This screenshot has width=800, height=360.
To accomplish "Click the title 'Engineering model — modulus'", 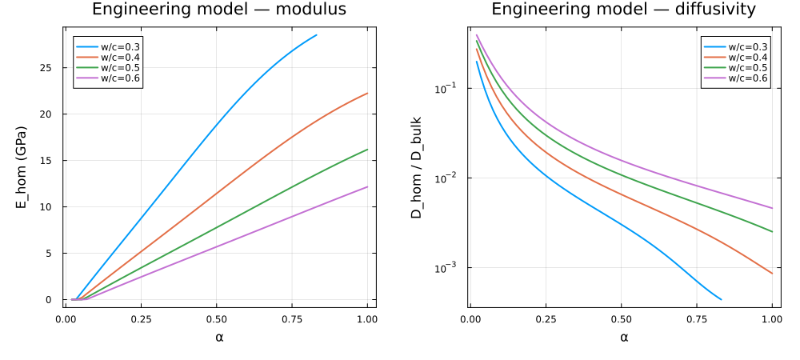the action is pos(219,9).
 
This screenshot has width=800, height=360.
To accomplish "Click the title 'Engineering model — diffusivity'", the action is pos(623,9).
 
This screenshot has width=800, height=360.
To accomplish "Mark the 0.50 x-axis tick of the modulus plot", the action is pos(216,320).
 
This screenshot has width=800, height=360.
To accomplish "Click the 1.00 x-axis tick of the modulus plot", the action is pos(367,320).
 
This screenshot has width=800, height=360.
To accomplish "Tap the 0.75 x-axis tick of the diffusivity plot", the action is pos(697,320).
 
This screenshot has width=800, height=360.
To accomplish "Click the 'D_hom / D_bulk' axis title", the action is pos(418,166).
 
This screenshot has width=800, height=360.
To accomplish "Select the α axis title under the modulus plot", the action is pos(220,337).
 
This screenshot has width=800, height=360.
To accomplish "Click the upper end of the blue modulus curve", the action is pos(317,34).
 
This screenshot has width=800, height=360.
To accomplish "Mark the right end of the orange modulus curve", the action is pos(367,94).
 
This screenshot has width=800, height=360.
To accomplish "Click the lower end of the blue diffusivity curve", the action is pos(721,299).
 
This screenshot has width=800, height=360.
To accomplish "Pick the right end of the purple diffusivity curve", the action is pos(773,208).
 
